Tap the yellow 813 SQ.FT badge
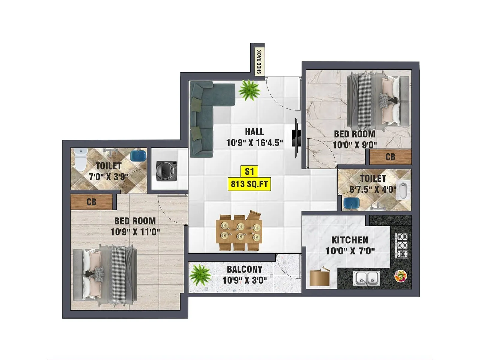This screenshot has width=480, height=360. (x=249, y=184)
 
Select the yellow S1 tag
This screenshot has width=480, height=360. (x=249, y=172)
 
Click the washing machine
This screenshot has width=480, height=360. (x=166, y=171)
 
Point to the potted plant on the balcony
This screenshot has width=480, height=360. (x=200, y=274)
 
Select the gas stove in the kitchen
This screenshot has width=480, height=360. (x=401, y=245)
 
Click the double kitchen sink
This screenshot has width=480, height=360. (x=367, y=278)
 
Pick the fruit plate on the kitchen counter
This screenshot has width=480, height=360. (x=400, y=276)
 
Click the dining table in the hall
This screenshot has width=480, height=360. (x=239, y=231)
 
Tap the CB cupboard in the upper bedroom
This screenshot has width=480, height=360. (x=390, y=157)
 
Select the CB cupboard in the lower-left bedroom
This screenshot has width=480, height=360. (x=91, y=202)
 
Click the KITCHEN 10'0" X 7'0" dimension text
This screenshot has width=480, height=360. (x=350, y=251)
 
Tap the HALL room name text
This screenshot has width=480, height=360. (x=254, y=132)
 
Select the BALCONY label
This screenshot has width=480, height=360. (x=244, y=269)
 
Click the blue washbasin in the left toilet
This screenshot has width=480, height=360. (x=138, y=156)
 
